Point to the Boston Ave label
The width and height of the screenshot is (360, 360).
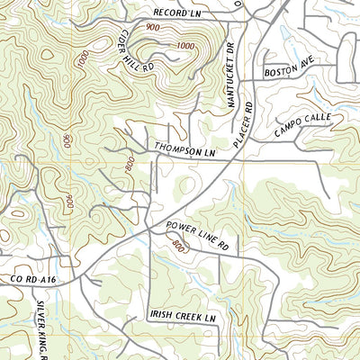287,71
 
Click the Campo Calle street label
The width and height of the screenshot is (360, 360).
303,123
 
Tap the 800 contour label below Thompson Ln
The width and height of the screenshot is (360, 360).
130,166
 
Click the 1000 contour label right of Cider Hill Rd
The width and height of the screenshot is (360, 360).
184,46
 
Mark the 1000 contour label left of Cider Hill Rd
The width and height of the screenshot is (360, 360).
83,63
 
